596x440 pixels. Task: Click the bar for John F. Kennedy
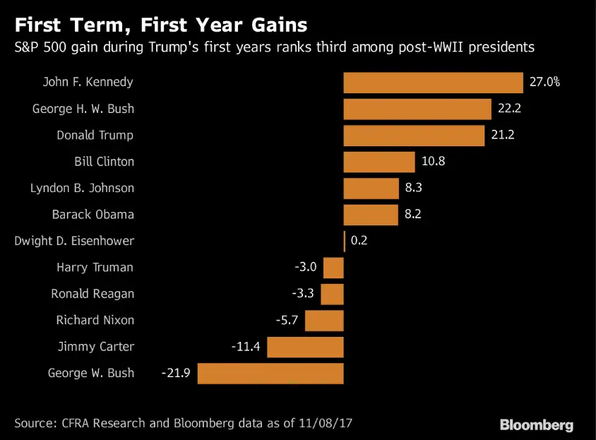[x=432, y=83]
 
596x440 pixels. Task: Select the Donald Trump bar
[x=414, y=136]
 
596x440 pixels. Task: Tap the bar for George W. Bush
[x=270, y=373]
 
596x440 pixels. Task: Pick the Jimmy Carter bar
[x=305, y=347]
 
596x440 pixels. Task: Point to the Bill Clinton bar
[x=379, y=162]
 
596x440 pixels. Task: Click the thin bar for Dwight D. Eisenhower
[x=344, y=241]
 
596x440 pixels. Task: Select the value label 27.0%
[x=544, y=82]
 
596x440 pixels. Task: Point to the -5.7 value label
[x=287, y=320]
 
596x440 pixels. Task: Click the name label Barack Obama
[x=93, y=215]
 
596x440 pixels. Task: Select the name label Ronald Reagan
[x=92, y=294]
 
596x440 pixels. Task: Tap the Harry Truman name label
[x=95, y=268]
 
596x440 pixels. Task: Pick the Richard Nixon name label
[x=95, y=320]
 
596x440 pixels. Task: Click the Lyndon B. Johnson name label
[x=82, y=189]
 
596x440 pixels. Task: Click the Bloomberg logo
[x=536, y=424]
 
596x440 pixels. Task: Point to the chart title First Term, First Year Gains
[x=161, y=26]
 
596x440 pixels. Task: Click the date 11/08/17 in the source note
[x=325, y=423]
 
